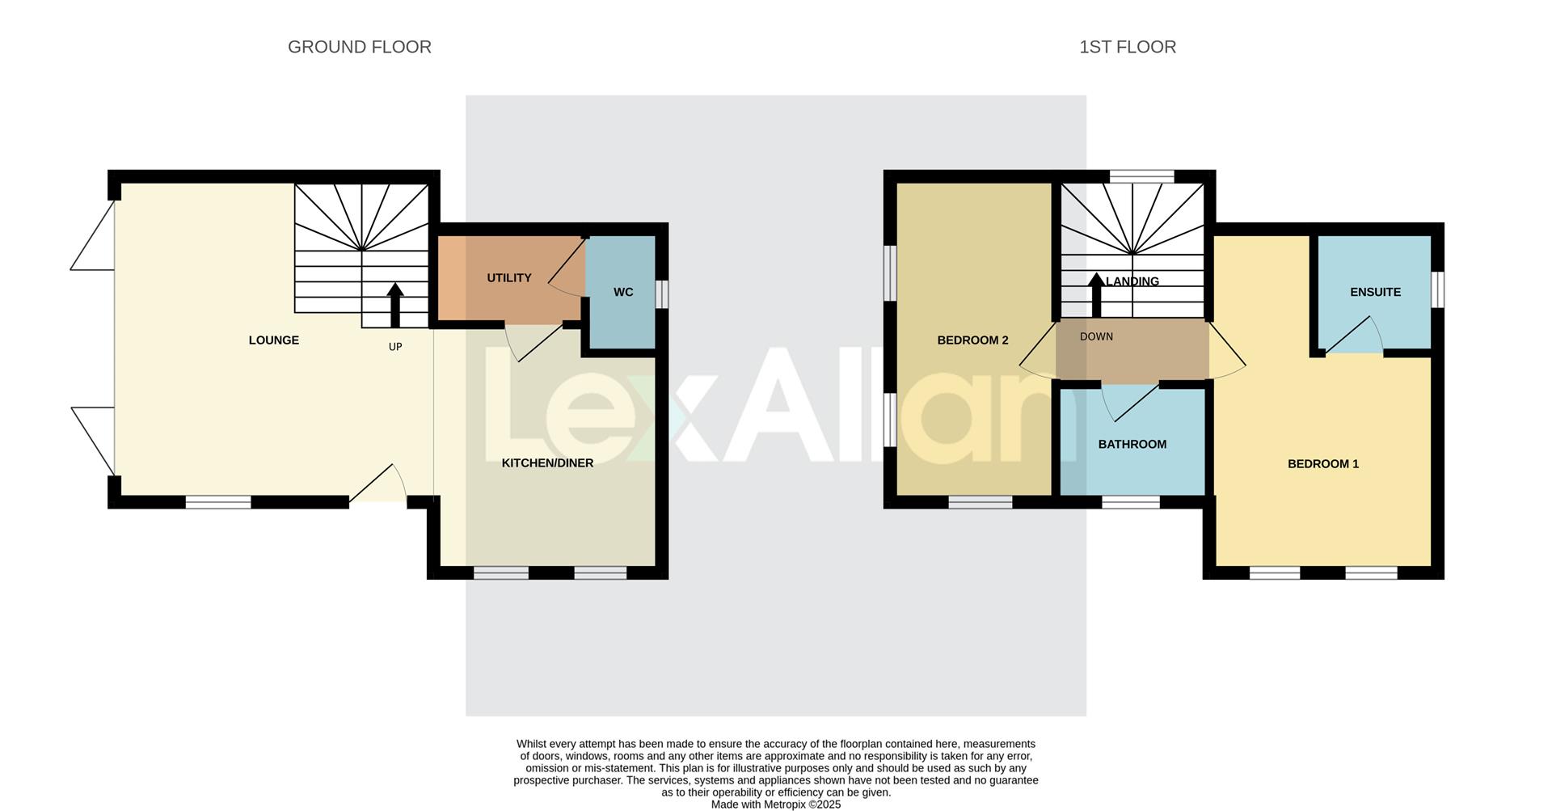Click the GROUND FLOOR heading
[x=359, y=47]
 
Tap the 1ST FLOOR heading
[x=1127, y=47]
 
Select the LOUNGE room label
[x=273, y=340]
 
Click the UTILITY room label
[x=508, y=278]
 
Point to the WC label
[x=622, y=292]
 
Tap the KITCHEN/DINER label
[x=547, y=463]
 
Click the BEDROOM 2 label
[x=972, y=340]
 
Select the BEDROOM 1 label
[x=1322, y=464]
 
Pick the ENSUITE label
[x=1375, y=292]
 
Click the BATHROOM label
[x=1132, y=445]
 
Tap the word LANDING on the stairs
[x=1133, y=281]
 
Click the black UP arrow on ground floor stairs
[x=395, y=304]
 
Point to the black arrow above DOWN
[x=1096, y=294]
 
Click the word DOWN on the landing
[x=1096, y=337]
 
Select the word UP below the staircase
[x=395, y=347]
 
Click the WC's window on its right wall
[x=661, y=294]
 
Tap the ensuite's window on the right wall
[x=1438, y=289]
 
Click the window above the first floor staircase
[x=1141, y=176]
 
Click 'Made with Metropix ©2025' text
[x=775, y=805]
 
